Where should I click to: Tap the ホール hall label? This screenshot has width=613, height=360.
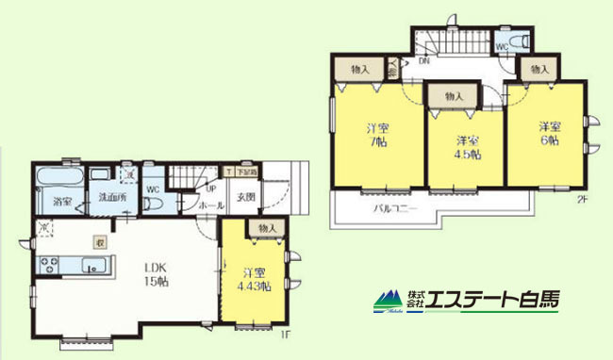click(212, 203)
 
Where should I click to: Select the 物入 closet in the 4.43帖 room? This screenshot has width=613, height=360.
click(266, 229)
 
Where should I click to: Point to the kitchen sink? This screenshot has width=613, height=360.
click(91, 269)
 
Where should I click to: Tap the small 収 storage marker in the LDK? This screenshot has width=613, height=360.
click(98, 241)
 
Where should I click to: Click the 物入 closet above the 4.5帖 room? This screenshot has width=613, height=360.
click(454, 96)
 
